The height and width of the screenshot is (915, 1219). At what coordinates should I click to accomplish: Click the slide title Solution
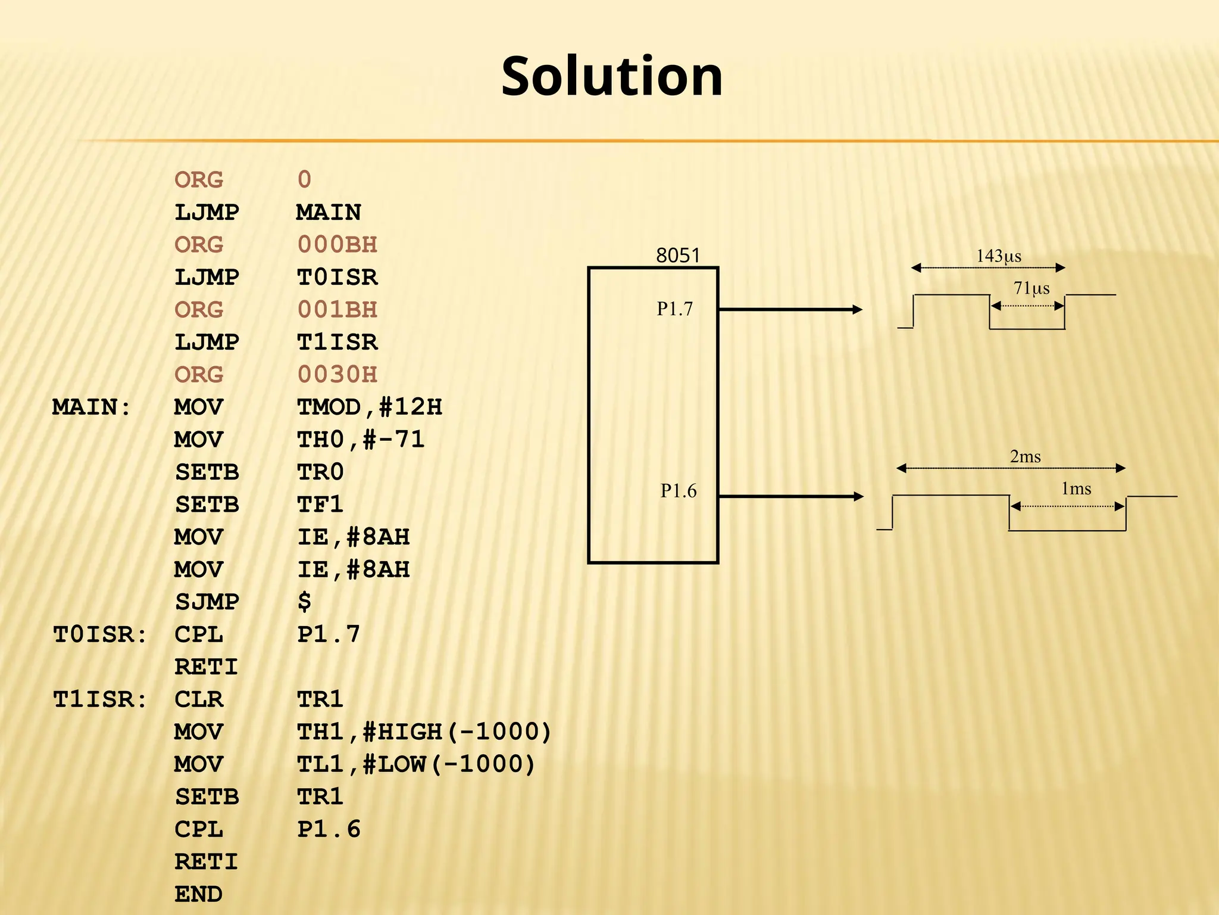(x=612, y=76)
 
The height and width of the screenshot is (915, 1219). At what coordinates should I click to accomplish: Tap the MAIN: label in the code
(x=92, y=407)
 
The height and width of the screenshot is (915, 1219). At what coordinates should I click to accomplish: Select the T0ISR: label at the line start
(x=100, y=635)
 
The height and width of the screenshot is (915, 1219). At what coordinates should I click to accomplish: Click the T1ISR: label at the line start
(x=100, y=700)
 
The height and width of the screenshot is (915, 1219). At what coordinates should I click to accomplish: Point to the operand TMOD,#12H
(x=370, y=407)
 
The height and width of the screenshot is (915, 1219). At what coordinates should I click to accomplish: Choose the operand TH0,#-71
(x=361, y=440)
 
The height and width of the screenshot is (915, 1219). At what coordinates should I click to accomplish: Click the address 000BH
(x=337, y=245)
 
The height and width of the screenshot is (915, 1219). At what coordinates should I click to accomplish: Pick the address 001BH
(x=337, y=310)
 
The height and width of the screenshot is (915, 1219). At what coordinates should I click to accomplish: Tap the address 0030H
(x=337, y=375)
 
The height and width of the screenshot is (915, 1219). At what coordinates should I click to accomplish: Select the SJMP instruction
(x=207, y=602)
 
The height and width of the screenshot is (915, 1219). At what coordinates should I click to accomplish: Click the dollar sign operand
(x=305, y=602)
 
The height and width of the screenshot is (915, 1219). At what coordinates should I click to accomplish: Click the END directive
(x=199, y=895)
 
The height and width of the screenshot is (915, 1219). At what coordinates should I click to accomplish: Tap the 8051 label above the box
(x=678, y=256)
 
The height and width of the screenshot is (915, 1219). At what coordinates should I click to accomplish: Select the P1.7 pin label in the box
(x=675, y=309)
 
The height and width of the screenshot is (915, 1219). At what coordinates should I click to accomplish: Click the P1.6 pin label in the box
(x=679, y=491)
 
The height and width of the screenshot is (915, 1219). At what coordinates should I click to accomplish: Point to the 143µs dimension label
(x=999, y=256)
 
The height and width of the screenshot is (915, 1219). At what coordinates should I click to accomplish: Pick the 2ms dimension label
(x=1026, y=457)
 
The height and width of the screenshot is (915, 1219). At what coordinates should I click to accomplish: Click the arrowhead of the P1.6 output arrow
(x=858, y=496)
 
